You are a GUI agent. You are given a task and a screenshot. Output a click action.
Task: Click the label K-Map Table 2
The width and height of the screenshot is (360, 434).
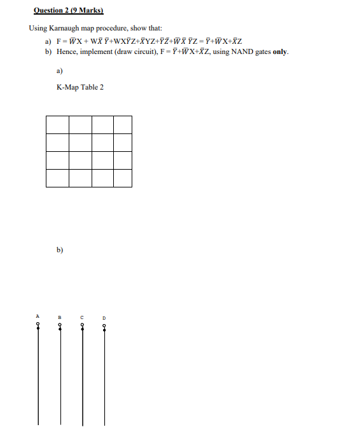tap(80, 87)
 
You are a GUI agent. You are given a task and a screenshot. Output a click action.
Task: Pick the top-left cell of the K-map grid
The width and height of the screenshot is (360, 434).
tap(57, 125)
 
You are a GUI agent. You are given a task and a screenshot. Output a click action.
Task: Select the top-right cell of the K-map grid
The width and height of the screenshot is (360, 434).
tap(123, 125)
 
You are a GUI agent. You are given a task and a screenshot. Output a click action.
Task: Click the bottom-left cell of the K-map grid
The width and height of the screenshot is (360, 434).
tap(57, 178)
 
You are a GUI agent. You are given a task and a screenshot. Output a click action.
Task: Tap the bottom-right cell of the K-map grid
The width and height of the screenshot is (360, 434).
tap(123, 178)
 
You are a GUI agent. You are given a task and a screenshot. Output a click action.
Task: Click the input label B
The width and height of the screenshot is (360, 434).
tap(60, 316)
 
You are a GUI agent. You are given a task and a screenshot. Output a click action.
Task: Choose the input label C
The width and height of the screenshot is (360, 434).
tap(82, 316)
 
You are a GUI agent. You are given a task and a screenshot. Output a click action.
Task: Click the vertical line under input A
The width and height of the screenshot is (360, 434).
tap(38, 381)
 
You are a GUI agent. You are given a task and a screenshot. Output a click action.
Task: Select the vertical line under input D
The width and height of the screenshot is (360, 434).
tap(105, 381)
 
